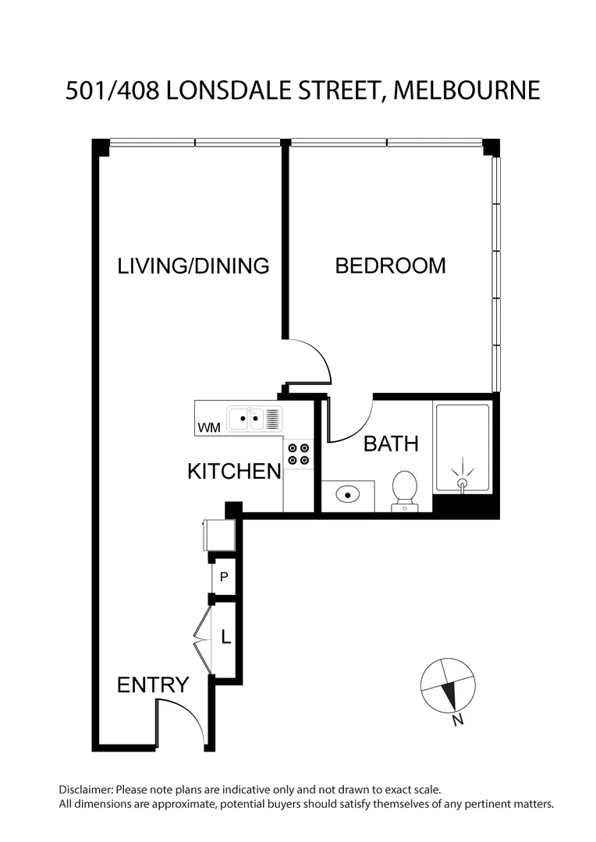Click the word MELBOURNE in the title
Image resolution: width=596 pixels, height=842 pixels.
[467, 90]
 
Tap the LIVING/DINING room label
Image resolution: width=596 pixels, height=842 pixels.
[193, 266]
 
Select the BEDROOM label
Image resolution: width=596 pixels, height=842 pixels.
[390, 266]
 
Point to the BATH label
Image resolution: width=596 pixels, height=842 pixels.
[391, 444]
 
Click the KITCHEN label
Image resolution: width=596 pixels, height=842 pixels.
[234, 472]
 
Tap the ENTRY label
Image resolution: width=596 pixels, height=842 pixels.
[153, 685]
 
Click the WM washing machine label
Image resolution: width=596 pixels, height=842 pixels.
[208, 427]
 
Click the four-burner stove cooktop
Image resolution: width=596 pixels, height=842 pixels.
[297, 454]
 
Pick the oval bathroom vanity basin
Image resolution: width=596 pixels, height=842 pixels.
[348, 494]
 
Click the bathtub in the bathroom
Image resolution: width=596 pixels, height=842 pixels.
[462, 448]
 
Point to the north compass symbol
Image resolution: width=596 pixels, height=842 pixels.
[447, 686]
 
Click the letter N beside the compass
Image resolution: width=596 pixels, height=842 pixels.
[458, 720]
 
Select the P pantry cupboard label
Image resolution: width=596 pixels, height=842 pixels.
[224, 578]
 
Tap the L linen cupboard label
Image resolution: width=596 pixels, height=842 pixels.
[225, 638]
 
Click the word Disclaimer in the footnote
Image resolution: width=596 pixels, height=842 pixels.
[86, 789]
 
